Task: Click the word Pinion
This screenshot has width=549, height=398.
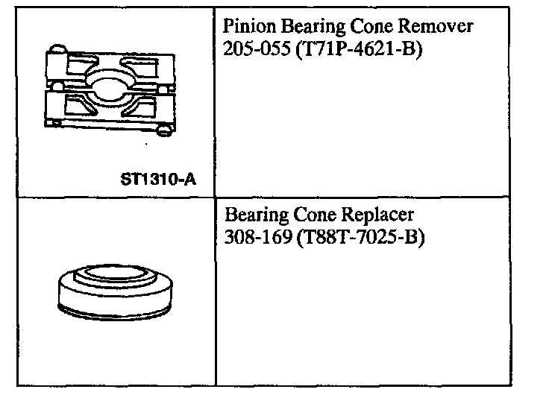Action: tap(245, 27)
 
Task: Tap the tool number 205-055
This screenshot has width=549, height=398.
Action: tap(254, 51)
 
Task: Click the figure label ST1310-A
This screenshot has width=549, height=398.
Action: tap(163, 180)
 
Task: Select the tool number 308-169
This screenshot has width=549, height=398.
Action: tap(254, 240)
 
